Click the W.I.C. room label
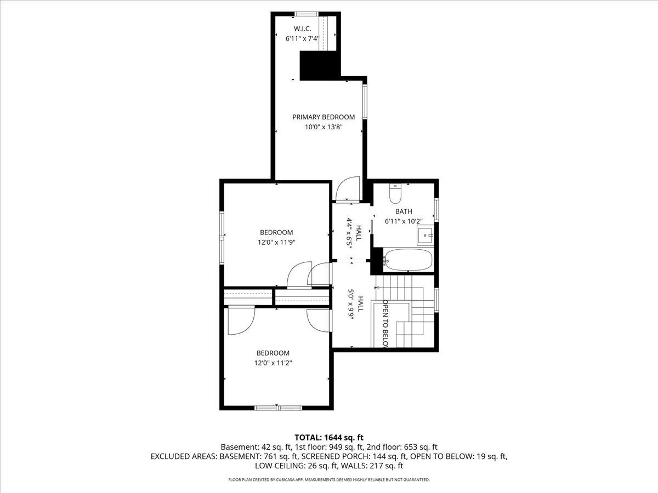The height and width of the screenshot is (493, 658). click(x=303, y=28)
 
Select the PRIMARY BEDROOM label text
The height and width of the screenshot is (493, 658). click(x=323, y=117)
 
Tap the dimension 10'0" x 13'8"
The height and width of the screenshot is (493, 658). click(x=323, y=127)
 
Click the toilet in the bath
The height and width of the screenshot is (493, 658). click(x=395, y=194)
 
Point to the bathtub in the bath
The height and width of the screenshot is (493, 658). click(x=408, y=260)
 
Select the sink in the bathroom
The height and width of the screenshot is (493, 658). click(x=425, y=236)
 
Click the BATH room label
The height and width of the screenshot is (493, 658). click(x=404, y=211)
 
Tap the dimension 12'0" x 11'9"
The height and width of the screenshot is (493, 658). click(x=276, y=242)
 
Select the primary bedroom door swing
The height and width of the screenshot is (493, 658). click(x=347, y=190)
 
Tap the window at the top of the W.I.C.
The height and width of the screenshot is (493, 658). click(x=307, y=14)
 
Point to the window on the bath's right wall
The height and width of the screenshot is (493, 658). click(x=436, y=210)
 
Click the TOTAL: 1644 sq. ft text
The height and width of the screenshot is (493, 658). click(x=329, y=437)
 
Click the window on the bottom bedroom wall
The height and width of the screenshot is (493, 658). click(x=278, y=408)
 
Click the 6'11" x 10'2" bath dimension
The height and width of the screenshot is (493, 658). click(x=404, y=221)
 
